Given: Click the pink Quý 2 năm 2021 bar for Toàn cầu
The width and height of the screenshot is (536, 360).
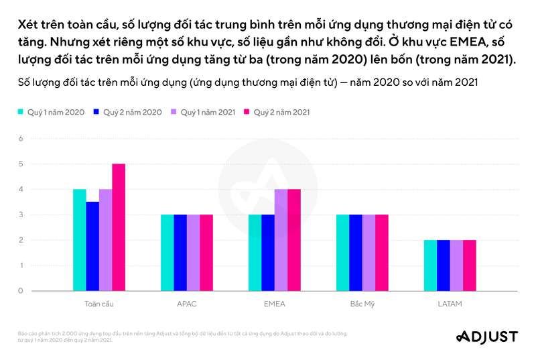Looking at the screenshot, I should coord(119,227).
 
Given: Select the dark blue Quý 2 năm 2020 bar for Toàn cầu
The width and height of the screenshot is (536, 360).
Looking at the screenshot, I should coord(92,246).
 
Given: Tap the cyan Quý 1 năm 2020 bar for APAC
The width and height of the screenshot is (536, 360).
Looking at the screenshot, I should coord(167,253).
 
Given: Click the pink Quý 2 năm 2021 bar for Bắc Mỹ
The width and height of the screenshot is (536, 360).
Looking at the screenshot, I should coord(382,253).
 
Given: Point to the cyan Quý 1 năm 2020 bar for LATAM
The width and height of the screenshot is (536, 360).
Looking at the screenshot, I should coord(430,265).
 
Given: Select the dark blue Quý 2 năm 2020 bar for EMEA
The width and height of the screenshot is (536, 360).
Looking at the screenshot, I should coord(268,253).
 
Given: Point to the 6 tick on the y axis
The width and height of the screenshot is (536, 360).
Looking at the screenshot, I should coord(21,139).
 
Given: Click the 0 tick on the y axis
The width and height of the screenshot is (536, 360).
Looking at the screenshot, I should coord(21,291).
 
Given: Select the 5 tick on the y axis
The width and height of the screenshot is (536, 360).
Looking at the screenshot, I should coord(21,164).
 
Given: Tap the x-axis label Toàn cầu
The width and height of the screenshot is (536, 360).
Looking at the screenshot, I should coord(99,304).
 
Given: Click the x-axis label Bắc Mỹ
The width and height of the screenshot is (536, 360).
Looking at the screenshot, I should coord(362,304).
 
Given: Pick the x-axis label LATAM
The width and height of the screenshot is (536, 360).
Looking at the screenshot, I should coord(450,304).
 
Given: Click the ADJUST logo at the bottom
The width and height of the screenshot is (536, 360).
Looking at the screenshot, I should coord(486,337).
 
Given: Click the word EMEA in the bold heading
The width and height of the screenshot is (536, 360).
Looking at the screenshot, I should coord(458,42).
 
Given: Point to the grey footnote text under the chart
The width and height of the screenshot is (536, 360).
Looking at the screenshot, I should coord(181,336).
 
